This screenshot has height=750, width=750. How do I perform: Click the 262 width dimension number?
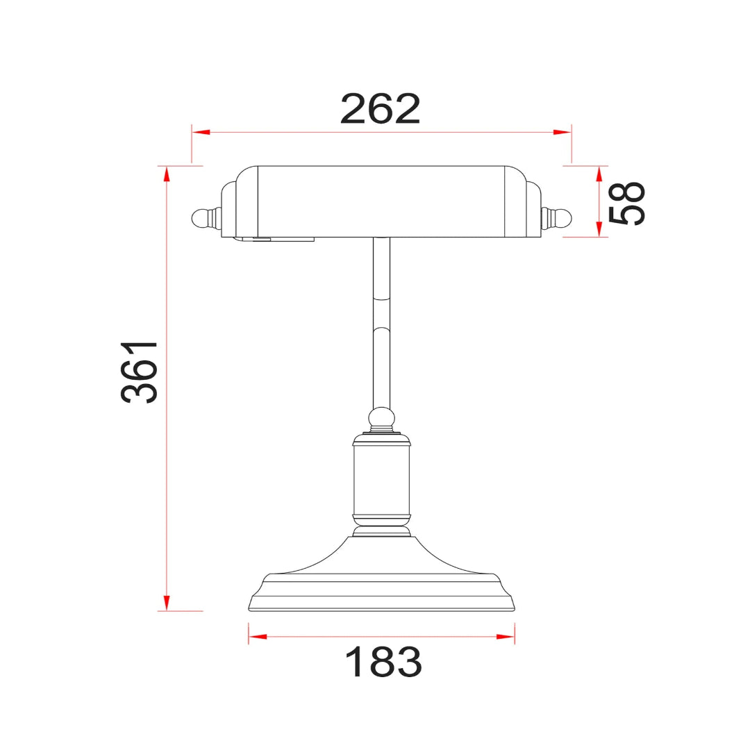click(381, 109)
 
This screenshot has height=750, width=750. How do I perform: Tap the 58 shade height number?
click(626, 203)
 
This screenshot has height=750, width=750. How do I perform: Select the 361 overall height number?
click(140, 372)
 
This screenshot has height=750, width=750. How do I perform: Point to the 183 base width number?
click(383, 662)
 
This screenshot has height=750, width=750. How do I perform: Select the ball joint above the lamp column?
click(381, 419)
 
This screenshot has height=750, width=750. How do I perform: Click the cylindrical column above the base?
click(381, 479)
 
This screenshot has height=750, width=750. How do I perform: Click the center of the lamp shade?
click(381, 201)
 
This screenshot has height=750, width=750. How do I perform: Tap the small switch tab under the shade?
click(262, 240)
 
